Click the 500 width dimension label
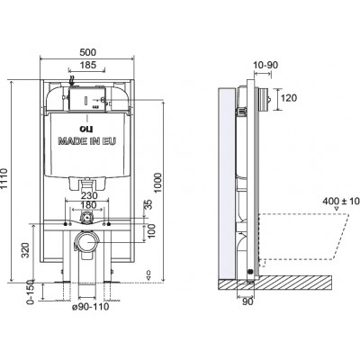pyautogui.click(x=88, y=52)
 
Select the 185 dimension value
pyautogui.click(x=88, y=65)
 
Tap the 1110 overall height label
pyautogui.click(x=4, y=179)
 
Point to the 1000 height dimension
pyautogui.click(x=158, y=183)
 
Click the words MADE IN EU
pyautogui.click(x=87, y=141)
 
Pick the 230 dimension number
pyautogui.click(x=89, y=195)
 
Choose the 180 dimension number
pyautogui.click(x=89, y=205)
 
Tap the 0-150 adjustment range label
pyautogui.click(x=31, y=292)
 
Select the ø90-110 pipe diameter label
pyautogui.click(x=91, y=307)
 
